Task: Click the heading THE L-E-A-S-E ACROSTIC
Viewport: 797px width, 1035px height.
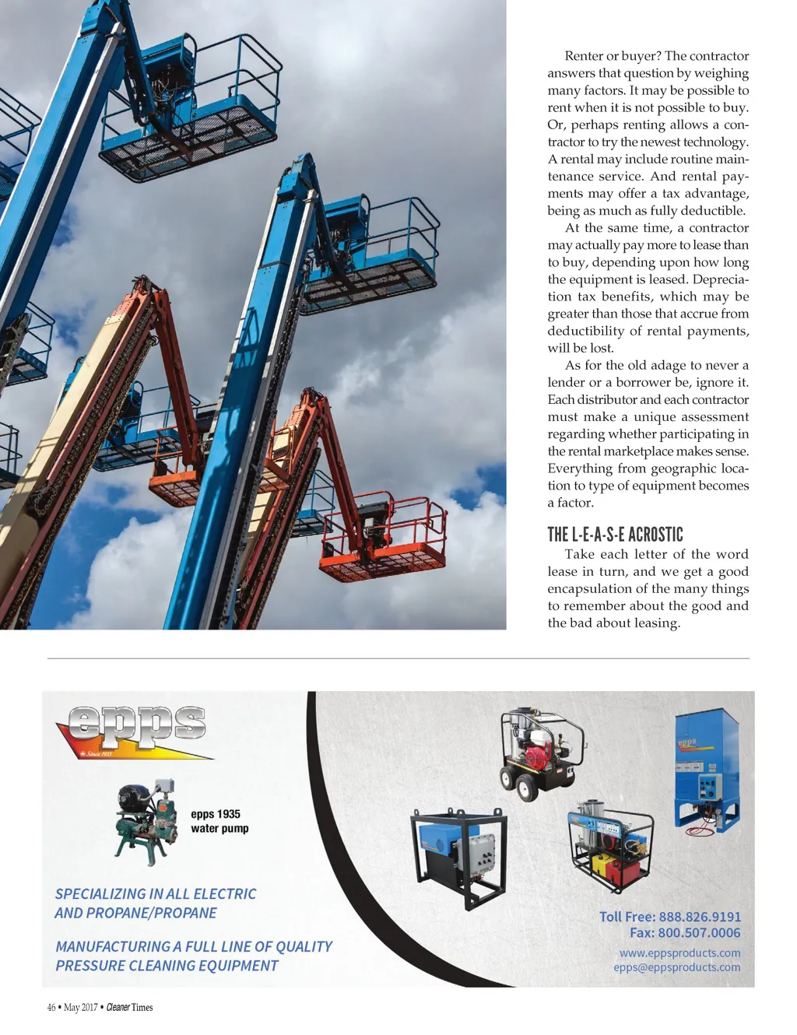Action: pos(615,535)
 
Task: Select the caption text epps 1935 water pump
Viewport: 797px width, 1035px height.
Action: pos(219,821)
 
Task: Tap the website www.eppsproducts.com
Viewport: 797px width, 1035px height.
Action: pos(679,953)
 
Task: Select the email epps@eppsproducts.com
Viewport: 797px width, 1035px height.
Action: pos(676,967)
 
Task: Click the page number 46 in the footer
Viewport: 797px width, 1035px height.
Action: pos(51,1007)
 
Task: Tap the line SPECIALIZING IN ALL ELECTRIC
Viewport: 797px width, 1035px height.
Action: pos(156,894)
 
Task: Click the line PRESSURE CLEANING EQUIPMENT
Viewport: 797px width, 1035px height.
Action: pos(167,966)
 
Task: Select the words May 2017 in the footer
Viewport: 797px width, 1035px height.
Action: pos(80,1007)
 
